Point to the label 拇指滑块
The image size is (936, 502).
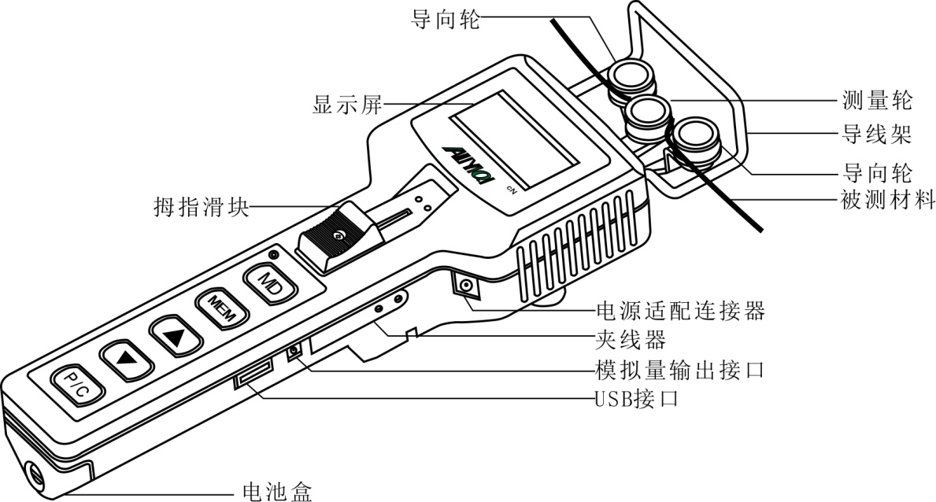point(201,208)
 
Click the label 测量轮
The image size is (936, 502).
point(873,100)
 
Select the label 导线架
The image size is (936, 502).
point(873,135)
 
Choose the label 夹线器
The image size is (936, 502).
point(631,340)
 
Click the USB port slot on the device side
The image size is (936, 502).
point(253,374)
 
